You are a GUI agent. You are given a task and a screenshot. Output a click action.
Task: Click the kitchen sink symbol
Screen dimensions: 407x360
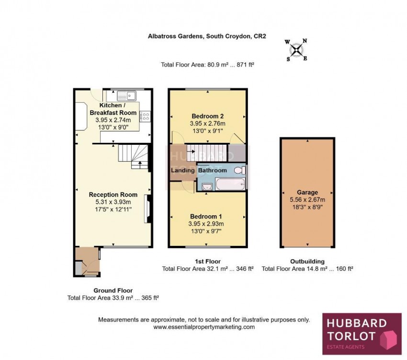point(126,96)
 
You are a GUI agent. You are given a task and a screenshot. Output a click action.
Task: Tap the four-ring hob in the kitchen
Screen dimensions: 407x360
point(145,116)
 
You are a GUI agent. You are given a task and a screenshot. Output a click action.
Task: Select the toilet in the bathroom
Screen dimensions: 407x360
point(240,170)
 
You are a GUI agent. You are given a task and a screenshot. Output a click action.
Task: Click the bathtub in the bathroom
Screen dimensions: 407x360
point(230,184)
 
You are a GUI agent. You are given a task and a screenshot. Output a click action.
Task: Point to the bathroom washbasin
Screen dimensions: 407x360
point(207,186)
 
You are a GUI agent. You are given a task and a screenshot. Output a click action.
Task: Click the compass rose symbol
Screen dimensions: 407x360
point(296,50)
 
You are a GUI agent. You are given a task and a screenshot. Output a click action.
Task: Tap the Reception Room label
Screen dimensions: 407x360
point(113,195)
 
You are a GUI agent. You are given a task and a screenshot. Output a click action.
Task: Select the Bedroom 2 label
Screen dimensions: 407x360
point(208,116)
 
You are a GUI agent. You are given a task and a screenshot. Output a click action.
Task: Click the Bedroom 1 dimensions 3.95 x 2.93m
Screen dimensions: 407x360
point(206,224)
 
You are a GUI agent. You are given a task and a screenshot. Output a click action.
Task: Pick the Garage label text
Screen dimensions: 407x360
point(307,193)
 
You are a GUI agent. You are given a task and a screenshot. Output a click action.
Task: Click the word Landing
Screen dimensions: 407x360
point(183,171)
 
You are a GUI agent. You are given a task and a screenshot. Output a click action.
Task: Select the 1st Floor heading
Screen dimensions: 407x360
point(208,261)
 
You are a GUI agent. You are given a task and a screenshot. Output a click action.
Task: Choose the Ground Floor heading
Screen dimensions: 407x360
point(113,290)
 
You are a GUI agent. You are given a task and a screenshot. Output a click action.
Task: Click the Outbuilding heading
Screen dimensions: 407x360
point(307,261)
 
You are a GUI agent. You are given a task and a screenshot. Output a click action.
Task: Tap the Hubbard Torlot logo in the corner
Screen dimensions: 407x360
point(362,334)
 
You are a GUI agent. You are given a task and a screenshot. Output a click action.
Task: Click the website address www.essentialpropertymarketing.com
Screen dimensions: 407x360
point(204,327)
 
